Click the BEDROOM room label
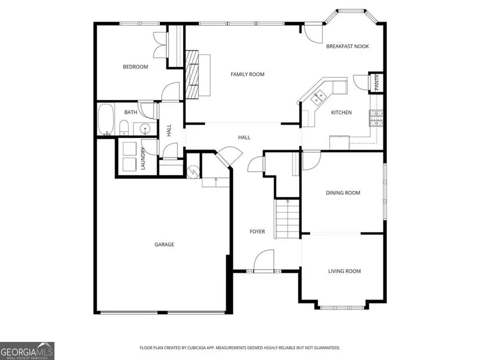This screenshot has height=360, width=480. [x=136, y=67]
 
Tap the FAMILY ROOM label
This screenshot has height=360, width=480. [x=247, y=74]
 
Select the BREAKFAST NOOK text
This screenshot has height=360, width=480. [x=347, y=47]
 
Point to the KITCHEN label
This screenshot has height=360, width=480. [x=342, y=113]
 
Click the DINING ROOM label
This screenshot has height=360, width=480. [x=343, y=193]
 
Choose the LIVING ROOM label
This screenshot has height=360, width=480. [x=344, y=271]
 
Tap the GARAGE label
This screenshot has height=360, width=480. [x=164, y=245]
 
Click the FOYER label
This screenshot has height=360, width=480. [x=257, y=231]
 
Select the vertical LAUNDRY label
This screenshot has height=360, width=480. [x=143, y=159]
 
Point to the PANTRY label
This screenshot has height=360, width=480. [x=376, y=82]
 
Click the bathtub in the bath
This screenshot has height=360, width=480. [x=106, y=119]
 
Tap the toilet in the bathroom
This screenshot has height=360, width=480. [x=124, y=127]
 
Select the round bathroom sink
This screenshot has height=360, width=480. [x=144, y=129]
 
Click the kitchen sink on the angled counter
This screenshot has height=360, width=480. [x=318, y=97]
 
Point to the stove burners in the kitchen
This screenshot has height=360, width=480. [x=376, y=118]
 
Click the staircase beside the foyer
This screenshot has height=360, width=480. [x=287, y=219]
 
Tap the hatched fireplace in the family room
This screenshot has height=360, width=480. [x=192, y=74]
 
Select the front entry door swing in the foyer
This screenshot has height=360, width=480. [x=264, y=260]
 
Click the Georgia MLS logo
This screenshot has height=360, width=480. [x=27, y=351]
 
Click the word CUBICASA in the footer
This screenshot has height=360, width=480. [x=198, y=348]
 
